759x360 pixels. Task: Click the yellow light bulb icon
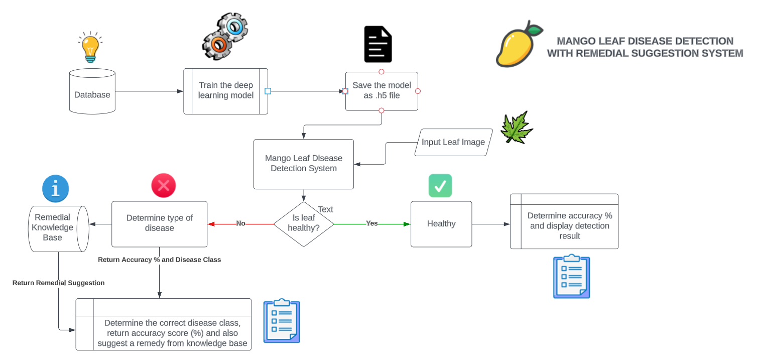pyautogui.click(x=90, y=47)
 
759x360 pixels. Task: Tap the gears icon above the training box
pyautogui.click(x=225, y=37)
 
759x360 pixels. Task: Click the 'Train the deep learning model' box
pyautogui.click(x=225, y=91)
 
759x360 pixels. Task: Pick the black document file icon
pyautogui.click(x=377, y=44)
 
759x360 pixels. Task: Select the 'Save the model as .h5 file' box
pyautogui.click(x=382, y=91)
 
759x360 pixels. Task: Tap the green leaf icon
pyautogui.click(x=517, y=127)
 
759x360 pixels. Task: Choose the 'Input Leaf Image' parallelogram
pyautogui.click(x=453, y=142)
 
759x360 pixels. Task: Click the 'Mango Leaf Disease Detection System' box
pyautogui.click(x=303, y=164)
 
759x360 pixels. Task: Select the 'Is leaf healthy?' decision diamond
pyautogui.click(x=303, y=224)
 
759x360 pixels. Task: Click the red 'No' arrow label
pyautogui.click(x=241, y=223)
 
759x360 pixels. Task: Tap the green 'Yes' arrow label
pyautogui.click(x=371, y=223)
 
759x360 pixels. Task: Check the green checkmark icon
pyautogui.click(x=440, y=186)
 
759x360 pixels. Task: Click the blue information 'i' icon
pyautogui.click(x=56, y=189)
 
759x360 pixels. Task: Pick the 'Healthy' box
pyautogui.click(x=441, y=224)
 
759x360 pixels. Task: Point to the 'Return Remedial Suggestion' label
pyautogui.click(x=59, y=283)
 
